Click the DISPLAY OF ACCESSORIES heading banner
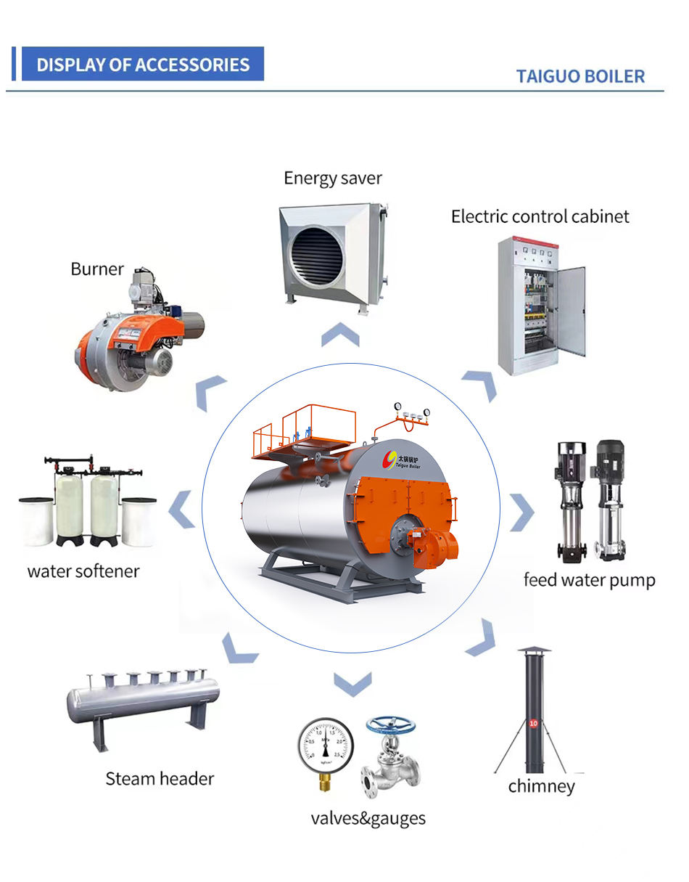143,65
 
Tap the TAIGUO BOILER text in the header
579,76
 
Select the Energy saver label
332,178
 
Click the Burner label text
97,269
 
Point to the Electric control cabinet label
540,216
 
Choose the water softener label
83,571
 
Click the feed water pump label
589,580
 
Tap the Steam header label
160,779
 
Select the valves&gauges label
368,818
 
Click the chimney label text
541,786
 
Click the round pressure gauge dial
325,745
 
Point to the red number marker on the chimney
534,724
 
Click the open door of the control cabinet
571,311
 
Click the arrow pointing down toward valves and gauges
352,683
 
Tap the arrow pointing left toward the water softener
182,510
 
